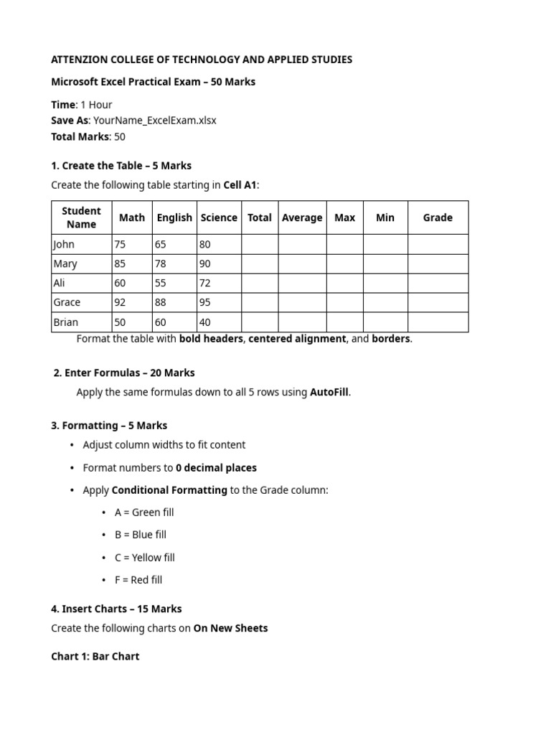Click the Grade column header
coord(438,217)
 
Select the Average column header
coord(302,217)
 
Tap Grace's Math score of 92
coord(120,302)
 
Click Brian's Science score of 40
coord(205,322)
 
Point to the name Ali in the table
coord(60,283)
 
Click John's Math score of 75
coord(120,244)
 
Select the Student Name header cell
coord(81,217)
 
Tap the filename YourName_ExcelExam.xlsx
coord(154,121)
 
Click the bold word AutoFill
coord(329,392)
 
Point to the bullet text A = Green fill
coord(143,512)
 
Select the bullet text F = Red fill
coord(138,580)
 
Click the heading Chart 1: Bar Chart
coord(95,656)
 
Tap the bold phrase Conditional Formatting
coord(169,490)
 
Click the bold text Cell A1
coord(240,185)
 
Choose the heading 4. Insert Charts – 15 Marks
coord(116,609)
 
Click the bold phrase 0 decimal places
coord(216,467)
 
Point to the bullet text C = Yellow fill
coord(144,558)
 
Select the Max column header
coord(344,217)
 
